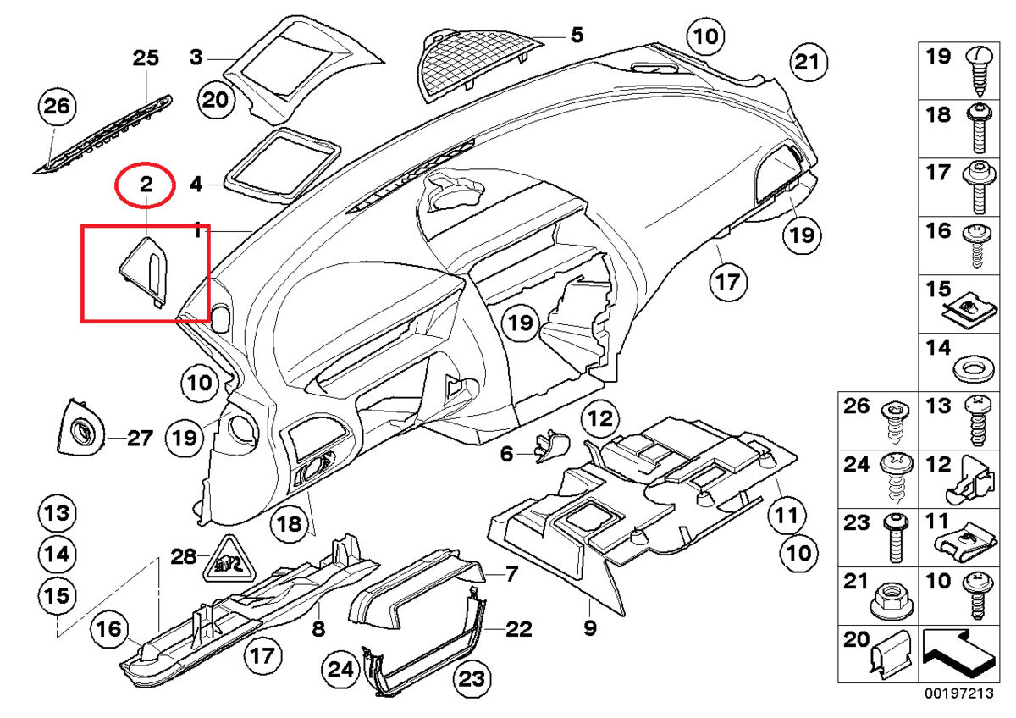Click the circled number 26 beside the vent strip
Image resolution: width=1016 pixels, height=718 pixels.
coord(58,108)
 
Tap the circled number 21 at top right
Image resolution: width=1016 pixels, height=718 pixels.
coord(808,62)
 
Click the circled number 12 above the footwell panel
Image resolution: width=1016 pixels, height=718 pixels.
coord(600,417)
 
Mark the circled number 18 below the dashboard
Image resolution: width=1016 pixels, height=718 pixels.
coord(290,525)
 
